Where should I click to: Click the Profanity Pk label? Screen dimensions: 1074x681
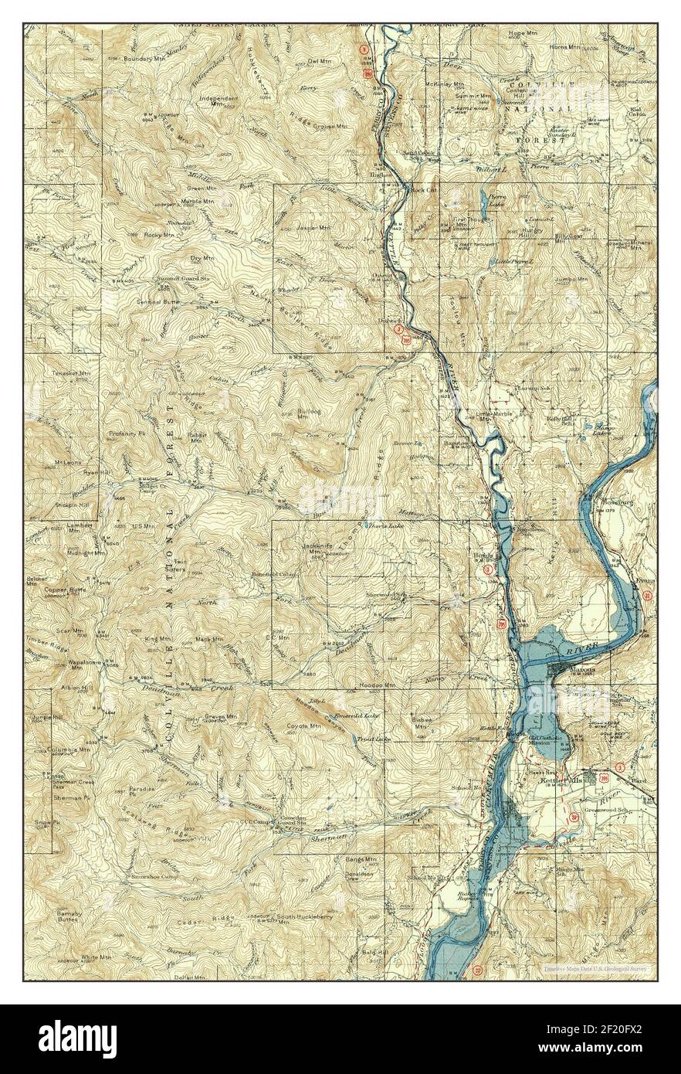[x=127, y=433]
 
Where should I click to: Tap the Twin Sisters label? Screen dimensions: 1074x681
[x=188, y=564]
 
